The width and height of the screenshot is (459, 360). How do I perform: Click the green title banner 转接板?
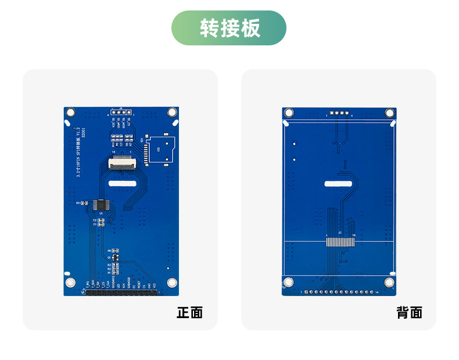point(229,28)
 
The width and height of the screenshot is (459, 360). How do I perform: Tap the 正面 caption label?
point(189,312)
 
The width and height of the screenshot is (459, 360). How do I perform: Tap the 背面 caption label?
point(409,312)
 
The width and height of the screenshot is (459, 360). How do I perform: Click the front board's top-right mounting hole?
point(172,112)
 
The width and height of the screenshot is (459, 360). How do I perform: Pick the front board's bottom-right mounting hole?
point(172,283)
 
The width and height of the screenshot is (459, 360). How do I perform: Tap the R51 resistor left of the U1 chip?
point(81,203)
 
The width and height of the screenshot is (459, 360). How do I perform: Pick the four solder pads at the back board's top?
point(339,113)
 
